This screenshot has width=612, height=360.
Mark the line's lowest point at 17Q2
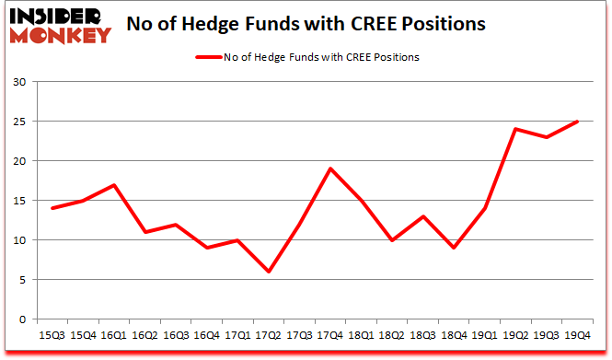click(x=269, y=272)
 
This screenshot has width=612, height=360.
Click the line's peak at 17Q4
click(x=330, y=168)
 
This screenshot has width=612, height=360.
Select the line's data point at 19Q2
click(x=516, y=129)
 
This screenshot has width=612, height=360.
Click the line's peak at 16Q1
click(x=114, y=185)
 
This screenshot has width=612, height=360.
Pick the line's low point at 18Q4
click(x=454, y=248)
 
